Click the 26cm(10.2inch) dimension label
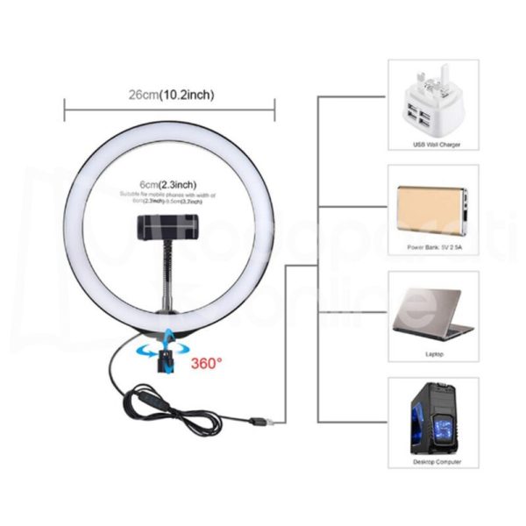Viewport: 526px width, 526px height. coord(170,94)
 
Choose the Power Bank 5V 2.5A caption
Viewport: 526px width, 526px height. coord(435,248)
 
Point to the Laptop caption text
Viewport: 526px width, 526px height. coord(435,355)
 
